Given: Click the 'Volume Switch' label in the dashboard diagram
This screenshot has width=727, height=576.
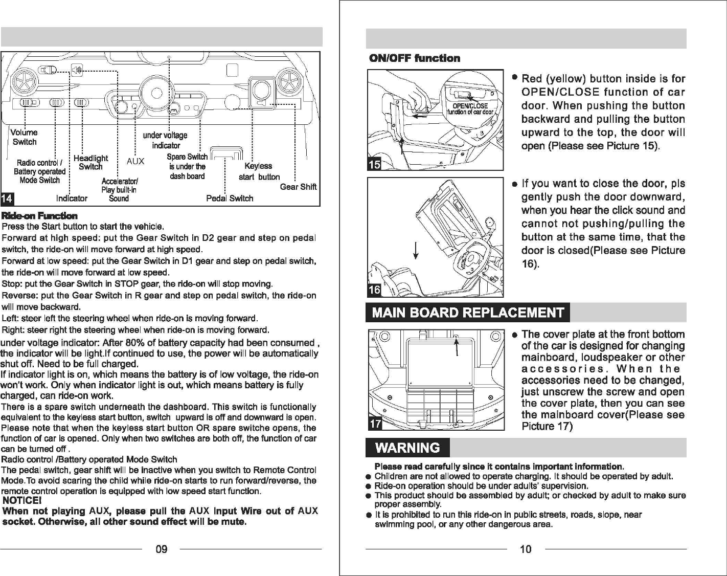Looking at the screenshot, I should [25, 137].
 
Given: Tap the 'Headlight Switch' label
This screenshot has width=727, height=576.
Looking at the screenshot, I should [90, 162].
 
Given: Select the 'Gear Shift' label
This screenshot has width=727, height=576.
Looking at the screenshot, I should [298, 187].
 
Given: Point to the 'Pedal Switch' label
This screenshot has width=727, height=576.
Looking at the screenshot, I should [230, 198].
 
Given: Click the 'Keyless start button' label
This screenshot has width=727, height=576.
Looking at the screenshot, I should [259, 171].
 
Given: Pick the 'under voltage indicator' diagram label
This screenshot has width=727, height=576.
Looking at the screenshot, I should [165, 140].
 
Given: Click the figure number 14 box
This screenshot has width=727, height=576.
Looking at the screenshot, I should [8, 198].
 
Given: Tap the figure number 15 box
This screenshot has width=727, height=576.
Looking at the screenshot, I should [374, 164].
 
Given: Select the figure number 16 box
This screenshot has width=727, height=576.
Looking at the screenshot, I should [374, 290].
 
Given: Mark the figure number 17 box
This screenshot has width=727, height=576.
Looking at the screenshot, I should [375, 424].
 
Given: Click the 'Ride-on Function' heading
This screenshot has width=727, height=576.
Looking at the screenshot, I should [40, 216].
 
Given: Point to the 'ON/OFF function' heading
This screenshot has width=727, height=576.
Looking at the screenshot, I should [415, 58].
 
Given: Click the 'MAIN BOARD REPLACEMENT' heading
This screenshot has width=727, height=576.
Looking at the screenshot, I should [468, 313].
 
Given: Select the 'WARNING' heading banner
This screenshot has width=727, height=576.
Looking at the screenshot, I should [407, 448].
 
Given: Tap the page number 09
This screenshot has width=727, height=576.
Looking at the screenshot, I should [162, 549].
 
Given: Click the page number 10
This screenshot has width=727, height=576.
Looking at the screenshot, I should [526, 549].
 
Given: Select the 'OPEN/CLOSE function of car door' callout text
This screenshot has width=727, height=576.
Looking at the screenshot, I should [470, 109].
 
